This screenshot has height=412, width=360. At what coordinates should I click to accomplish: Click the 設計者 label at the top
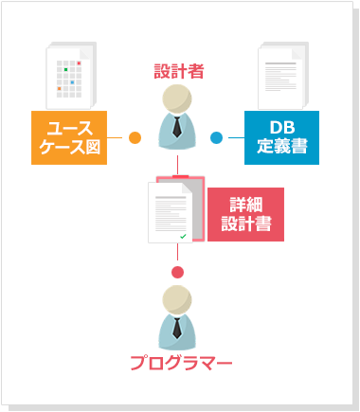(179, 70)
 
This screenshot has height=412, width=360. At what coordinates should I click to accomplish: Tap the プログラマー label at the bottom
(180, 362)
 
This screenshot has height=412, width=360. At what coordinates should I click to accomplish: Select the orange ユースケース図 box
(68, 137)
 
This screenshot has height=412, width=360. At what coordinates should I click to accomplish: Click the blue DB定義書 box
(281, 137)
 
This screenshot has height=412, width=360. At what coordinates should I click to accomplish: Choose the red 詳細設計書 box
(246, 214)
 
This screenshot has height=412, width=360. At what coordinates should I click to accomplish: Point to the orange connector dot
(135, 138)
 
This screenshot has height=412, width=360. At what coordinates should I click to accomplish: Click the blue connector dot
(216, 138)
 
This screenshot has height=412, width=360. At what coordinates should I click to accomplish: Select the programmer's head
(177, 301)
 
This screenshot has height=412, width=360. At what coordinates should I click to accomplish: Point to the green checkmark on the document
(182, 233)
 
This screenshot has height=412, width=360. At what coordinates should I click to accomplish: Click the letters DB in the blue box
(281, 128)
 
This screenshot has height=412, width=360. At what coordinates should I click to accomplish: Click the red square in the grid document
(79, 63)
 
